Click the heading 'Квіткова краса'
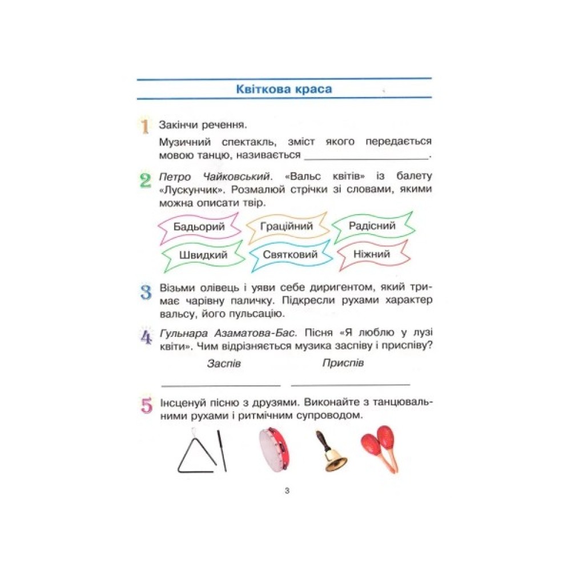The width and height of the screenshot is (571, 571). click(284, 89)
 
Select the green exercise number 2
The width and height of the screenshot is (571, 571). click(145, 181)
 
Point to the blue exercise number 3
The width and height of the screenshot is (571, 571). click(146, 292)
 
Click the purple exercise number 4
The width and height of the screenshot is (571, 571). click(146, 337)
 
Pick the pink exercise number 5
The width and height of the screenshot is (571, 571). click(146, 407)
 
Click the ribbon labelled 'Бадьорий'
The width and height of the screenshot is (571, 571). click(199, 227)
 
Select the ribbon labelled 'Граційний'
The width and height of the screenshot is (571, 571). click(287, 226)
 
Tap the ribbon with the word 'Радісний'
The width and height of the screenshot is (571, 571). click(372, 226)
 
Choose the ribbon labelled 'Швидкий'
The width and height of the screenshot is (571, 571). click(203, 255)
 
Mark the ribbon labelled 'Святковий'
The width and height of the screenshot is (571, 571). click(290, 255)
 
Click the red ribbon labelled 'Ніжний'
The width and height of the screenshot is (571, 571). click(372, 254)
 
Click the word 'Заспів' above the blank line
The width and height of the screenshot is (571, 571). click(224, 364)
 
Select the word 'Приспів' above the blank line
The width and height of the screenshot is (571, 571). click(343, 363)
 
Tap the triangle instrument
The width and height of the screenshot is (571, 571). click(196, 455)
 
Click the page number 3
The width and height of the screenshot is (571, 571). click(286, 490)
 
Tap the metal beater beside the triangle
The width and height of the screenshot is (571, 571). click(222, 451)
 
